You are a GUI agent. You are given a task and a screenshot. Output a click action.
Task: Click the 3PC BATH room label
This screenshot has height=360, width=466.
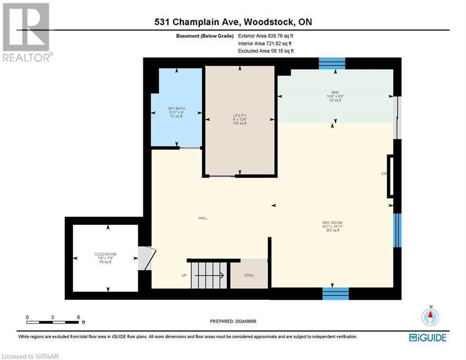click(177, 112)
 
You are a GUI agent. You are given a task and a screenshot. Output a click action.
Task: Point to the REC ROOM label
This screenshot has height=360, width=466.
click(333, 226)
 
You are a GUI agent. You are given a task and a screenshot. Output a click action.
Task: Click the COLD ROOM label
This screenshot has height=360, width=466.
click(105, 258)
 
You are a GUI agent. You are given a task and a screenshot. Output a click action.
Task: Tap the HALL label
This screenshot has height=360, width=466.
click(202, 218)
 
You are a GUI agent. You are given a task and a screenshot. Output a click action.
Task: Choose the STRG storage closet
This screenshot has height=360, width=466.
click(249, 275)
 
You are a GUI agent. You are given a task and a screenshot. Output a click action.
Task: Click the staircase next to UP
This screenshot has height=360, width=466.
click(209, 276)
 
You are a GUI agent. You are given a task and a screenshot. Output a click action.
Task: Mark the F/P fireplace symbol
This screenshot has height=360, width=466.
click(389, 176)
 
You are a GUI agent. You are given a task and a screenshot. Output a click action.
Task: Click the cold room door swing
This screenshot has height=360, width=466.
click(146, 258)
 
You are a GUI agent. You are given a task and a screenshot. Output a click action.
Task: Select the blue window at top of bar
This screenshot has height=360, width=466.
click(332, 63)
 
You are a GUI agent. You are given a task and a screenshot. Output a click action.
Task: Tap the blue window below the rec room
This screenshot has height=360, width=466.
click(335, 293)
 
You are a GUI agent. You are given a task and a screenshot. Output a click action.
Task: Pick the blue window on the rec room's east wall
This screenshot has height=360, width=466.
click(397, 230)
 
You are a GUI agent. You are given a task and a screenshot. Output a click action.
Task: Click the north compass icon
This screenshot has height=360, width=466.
click(429, 317)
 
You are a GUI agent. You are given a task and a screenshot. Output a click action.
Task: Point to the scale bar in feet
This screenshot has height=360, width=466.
click(52, 321)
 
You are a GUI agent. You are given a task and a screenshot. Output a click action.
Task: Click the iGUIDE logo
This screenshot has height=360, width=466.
click(427, 337)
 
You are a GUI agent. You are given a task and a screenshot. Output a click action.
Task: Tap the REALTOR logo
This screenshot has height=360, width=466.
click(27, 31)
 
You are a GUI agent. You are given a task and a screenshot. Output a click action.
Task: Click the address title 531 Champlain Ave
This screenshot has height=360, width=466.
click(233, 22)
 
